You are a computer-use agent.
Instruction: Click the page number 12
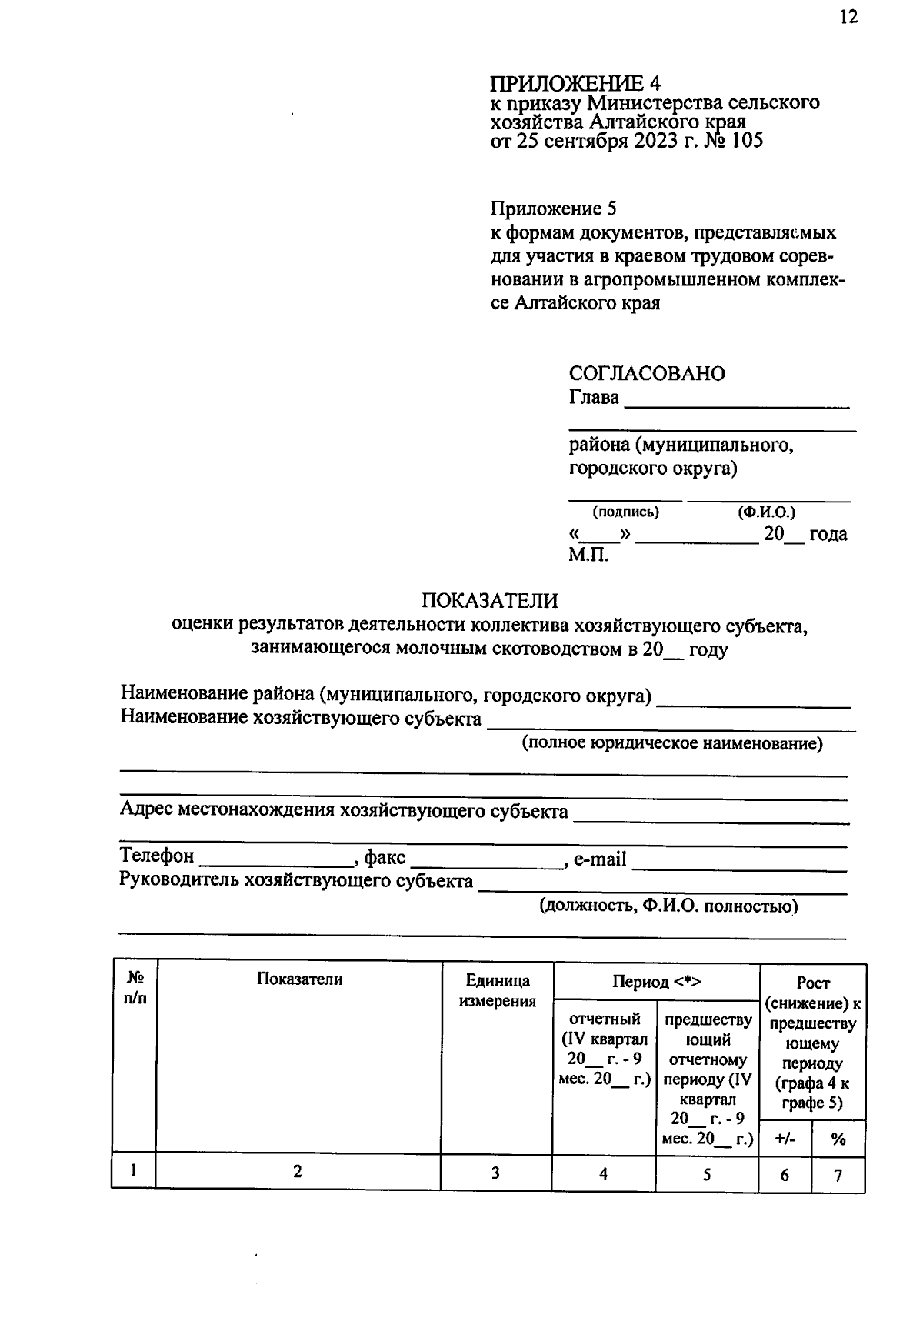pos(848,17)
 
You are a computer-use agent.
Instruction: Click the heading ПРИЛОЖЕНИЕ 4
pos(575,83)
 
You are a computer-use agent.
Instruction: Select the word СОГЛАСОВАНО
pos(647,374)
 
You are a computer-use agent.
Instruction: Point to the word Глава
pos(594,398)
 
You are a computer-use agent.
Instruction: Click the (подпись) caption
pos(625,512)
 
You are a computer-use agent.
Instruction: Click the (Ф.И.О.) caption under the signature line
pos(766,512)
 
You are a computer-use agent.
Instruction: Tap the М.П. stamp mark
pos(588,555)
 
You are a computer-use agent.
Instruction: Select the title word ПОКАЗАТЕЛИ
pos(489,601)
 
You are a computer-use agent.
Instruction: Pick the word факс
pos(385,858)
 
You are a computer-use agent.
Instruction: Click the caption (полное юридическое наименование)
pos(672,744)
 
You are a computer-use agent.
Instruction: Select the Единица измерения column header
pos(497,991)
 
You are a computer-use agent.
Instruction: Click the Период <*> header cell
pos(656,982)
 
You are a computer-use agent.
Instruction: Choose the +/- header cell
pos(785,1139)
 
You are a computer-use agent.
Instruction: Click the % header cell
pos(838,1139)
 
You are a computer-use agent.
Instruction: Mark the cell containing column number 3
pos(496,1173)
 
